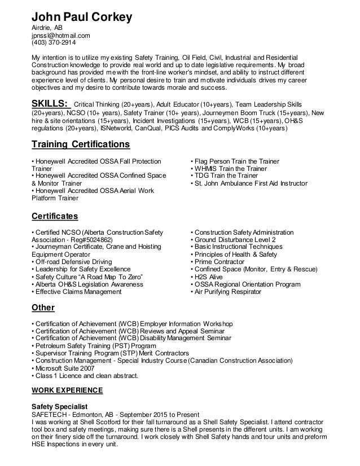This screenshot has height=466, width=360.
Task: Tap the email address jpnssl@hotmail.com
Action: click(60, 35)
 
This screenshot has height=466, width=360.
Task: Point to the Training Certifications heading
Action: click(80, 144)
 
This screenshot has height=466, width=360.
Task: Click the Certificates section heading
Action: click(54, 216)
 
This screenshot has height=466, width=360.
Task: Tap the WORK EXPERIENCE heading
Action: click(67, 390)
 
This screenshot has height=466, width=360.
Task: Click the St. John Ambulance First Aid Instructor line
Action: click(249, 183)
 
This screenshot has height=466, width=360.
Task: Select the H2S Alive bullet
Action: click(208, 278)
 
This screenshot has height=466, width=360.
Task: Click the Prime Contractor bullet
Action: click(218, 262)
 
